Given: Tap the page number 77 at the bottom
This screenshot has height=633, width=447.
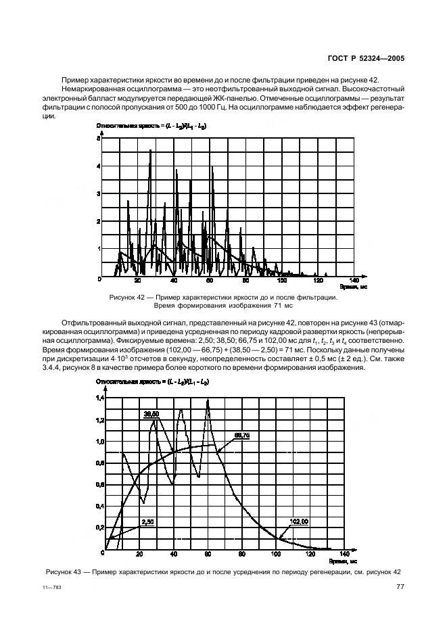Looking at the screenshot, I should (400, 588).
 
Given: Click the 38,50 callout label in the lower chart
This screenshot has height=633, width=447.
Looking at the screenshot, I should (150, 413).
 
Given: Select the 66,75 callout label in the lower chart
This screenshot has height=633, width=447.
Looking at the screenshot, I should (242, 437).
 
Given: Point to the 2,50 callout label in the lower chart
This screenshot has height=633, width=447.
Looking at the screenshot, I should (148, 522).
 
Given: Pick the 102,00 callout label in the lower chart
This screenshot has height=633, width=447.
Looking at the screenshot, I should (299, 521).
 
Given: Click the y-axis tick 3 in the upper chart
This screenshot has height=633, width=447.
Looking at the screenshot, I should (99, 193).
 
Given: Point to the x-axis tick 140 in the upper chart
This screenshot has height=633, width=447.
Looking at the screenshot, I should (353, 281).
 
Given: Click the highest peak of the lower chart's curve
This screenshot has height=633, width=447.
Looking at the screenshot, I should (208, 400).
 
